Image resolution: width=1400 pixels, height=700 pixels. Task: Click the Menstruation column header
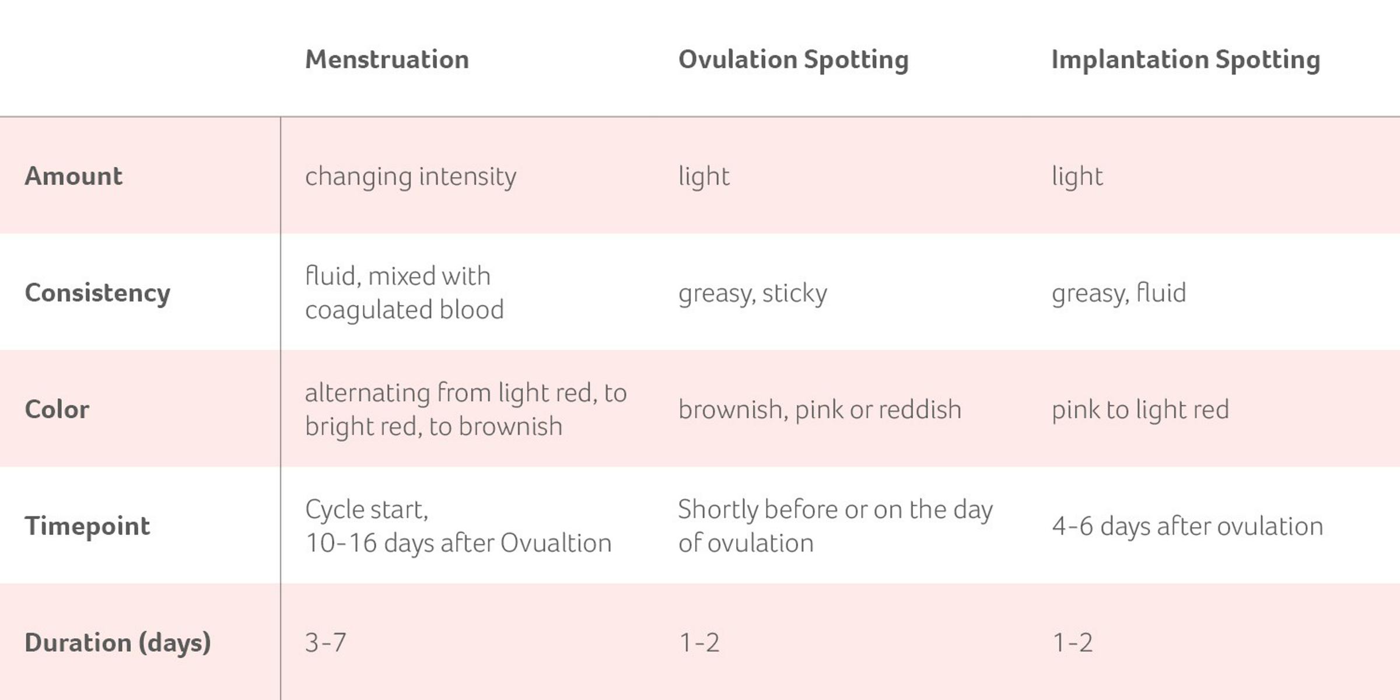387,60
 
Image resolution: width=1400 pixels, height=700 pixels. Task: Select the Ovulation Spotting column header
793,60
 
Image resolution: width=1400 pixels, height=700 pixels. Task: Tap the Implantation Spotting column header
1185,60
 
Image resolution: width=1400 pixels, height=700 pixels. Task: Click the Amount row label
73,176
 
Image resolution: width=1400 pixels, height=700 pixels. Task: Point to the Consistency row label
97,293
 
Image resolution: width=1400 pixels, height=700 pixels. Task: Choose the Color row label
57,409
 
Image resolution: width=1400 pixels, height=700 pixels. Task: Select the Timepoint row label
87,526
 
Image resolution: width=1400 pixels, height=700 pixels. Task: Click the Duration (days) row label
118,643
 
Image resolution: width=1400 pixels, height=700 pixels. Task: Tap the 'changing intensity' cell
411,176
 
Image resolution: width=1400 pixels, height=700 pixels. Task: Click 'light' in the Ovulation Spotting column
703,176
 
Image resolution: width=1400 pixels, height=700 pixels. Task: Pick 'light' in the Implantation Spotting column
1077,176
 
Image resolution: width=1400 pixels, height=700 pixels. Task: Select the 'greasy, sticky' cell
752,293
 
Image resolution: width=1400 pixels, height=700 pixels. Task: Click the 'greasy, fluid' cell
1119,293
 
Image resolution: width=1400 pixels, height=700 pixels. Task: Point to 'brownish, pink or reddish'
820,409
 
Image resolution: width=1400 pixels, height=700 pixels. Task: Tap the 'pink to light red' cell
1140,409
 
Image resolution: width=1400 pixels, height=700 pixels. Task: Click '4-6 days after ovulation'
1187,526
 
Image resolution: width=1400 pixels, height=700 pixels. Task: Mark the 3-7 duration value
325,643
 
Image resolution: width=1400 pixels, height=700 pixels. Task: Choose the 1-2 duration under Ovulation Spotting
699,643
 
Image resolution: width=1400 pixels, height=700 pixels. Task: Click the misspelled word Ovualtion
556,543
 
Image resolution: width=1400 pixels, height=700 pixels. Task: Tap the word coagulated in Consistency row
367,310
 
